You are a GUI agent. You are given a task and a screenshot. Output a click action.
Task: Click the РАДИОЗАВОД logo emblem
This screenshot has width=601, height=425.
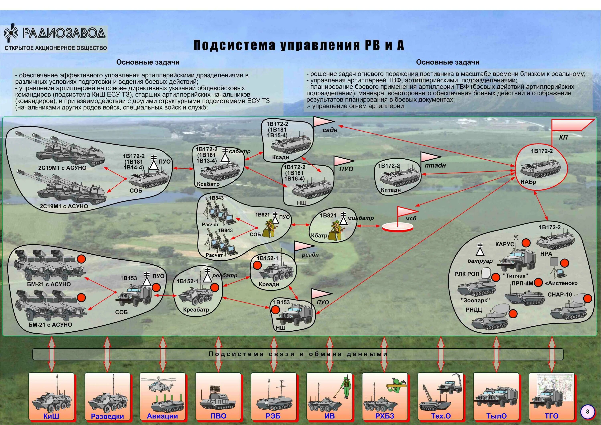[x=11, y=33]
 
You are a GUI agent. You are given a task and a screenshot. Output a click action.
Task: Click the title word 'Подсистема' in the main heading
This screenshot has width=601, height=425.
[x=234, y=45]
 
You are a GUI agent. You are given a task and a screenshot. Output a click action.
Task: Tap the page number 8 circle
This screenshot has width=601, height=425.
[x=587, y=411]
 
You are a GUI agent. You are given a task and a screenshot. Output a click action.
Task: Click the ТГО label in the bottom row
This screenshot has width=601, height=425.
[x=552, y=416]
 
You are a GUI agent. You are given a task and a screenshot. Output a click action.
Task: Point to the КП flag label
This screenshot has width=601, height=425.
[x=563, y=137]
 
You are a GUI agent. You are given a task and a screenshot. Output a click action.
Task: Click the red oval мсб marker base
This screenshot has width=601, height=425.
[x=398, y=227]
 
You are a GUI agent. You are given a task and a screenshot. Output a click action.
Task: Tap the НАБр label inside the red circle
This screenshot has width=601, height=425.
[x=528, y=182]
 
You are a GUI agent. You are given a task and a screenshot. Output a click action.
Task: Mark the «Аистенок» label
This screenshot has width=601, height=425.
[x=561, y=283]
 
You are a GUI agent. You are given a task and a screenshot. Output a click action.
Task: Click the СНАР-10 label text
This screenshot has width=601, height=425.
[x=560, y=295]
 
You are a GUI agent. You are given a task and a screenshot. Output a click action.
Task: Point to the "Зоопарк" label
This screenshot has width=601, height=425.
[x=475, y=300]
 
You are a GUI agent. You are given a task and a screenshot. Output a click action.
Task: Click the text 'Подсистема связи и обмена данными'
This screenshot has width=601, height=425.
[x=298, y=354]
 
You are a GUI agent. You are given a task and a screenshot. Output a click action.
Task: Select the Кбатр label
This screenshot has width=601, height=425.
[x=319, y=235]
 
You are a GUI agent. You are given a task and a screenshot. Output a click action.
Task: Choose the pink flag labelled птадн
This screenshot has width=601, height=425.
[x=429, y=157]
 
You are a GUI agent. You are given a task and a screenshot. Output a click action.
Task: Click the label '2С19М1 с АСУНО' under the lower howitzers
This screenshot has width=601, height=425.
[x=64, y=206]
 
